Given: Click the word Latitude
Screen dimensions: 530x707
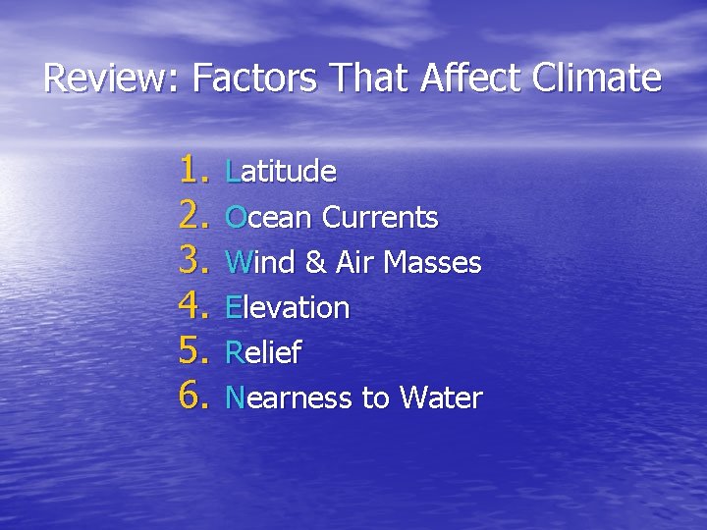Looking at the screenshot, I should (281, 172).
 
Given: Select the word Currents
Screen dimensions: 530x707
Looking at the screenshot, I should (380, 217).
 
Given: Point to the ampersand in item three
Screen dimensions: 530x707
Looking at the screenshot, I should (317, 262).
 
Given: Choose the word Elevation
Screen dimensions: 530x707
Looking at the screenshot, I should (288, 307).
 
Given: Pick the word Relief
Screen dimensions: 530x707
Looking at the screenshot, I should (263, 352).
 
